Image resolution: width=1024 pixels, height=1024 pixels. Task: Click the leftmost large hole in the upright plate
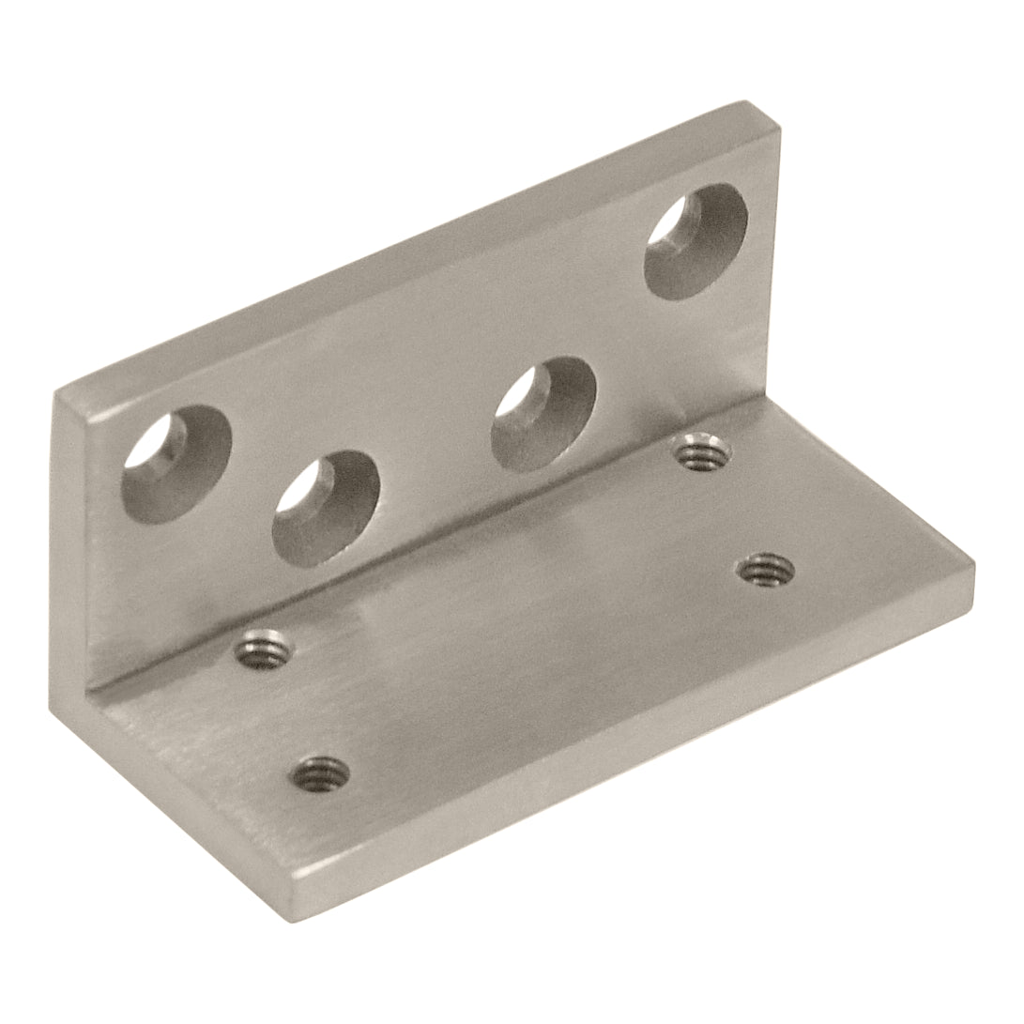tap(176, 463)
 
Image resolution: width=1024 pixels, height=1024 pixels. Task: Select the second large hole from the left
tap(326, 508)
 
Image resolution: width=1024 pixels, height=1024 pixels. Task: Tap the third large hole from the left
tap(544, 414)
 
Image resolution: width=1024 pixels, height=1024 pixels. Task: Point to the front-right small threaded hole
tap(765, 568)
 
